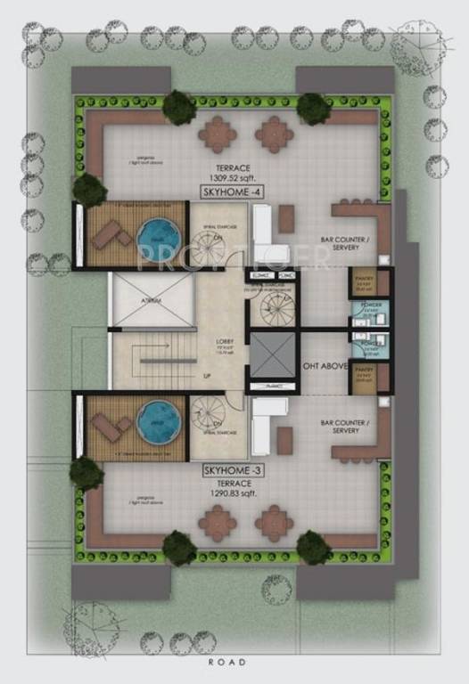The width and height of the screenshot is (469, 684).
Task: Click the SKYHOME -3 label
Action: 230,468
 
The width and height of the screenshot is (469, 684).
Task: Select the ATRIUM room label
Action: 152,301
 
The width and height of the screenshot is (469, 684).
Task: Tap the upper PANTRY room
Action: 363,284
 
